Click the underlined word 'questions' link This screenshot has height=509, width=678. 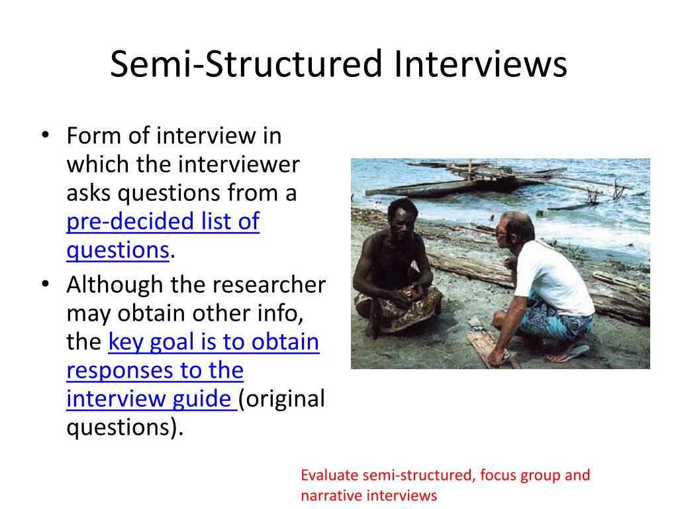click(x=118, y=250)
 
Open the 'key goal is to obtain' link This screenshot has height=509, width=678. click(x=213, y=342)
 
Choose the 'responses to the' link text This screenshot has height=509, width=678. click(x=155, y=370)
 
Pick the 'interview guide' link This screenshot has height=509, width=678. click(x=151, y=399)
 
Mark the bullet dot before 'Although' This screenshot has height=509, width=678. click(x=45, y=285)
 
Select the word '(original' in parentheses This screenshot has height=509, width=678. click(x=282, y=399)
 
